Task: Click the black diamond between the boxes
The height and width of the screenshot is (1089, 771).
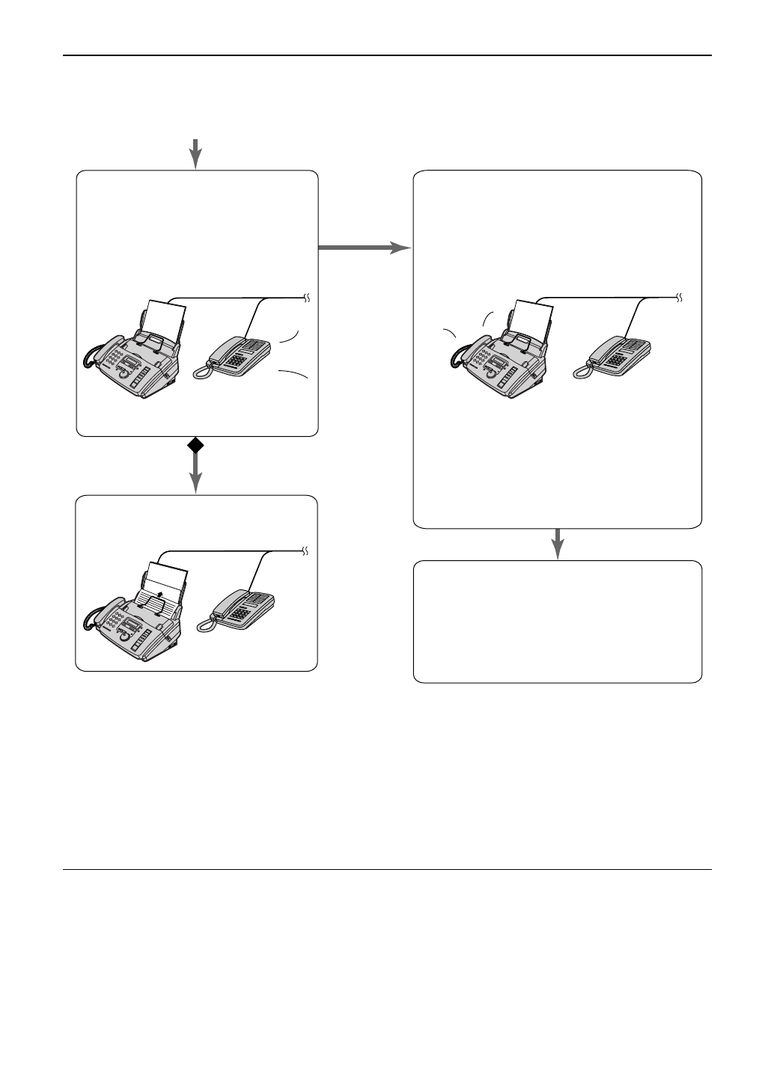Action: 195,446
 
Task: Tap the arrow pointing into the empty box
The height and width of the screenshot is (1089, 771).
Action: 558,544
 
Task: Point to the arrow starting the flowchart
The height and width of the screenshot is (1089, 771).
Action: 195,153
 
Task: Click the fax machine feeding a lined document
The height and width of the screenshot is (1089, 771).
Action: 135,613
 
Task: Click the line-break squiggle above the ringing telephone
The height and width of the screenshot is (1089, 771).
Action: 306,298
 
